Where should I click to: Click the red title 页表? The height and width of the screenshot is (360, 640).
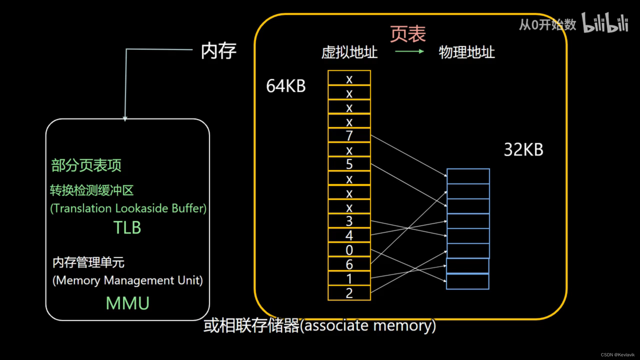pos(408,34)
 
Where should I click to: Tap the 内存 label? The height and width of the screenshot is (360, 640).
pos(218,51)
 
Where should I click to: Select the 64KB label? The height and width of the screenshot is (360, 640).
pos(286,86)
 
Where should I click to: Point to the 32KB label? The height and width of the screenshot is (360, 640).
pos(523,150)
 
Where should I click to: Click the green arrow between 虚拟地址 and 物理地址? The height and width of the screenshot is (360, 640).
pos(409,51)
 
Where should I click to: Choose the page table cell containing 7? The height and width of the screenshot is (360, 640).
pos(349,135)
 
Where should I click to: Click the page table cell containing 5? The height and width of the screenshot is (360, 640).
pos(349,164)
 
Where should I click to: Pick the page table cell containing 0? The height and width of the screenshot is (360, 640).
pos(349,250)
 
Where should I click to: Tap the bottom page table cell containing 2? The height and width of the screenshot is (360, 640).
pos(349,293)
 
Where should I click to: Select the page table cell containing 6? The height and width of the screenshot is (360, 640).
pos(349,264)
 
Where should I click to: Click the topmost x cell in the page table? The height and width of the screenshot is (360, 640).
pos(349,78)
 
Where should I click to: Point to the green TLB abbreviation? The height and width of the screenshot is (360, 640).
pos(127,228)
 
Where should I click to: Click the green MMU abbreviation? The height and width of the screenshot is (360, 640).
pos(127,303)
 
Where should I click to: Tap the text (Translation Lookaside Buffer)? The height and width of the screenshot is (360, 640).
pos(128,208)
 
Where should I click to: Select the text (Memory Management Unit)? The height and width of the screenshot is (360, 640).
pos(128,280)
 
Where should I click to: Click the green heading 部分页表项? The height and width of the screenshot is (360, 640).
pos(86,165)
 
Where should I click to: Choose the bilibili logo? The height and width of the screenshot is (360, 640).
pos(605,23)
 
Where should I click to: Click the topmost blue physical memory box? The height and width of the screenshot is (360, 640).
pos(468,176)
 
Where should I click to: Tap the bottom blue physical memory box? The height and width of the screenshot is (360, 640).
pos(467,282)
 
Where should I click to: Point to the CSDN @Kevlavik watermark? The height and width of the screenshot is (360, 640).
pos(617,355)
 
